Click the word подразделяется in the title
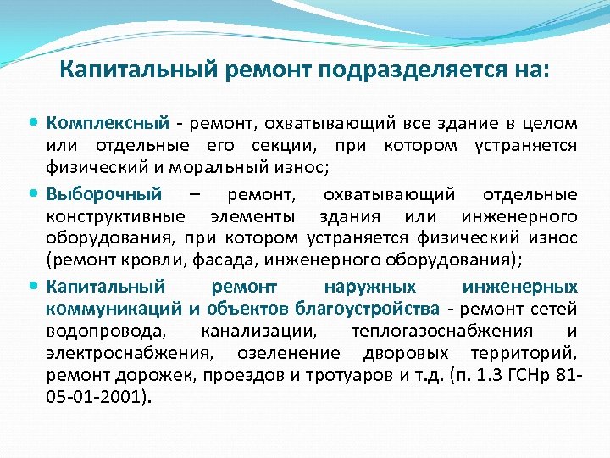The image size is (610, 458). [x=403, y=68]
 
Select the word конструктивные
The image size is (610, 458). [x=103, y=217]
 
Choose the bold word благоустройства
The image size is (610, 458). [x=369, y=308]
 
